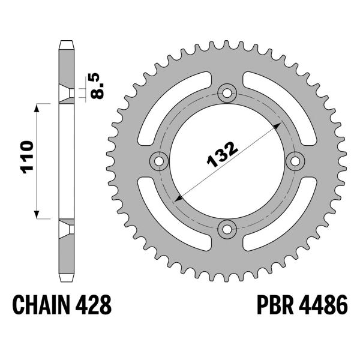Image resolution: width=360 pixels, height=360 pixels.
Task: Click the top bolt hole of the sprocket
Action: [x=227, y=93]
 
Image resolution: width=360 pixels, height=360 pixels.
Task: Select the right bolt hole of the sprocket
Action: [x=294, y=160]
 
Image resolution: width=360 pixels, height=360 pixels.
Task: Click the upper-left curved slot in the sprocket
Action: [x=167, y=101]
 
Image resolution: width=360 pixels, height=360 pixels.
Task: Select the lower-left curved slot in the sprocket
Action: [x=167, y=219]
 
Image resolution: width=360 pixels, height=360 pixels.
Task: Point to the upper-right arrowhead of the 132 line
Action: [x=277, y=125]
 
